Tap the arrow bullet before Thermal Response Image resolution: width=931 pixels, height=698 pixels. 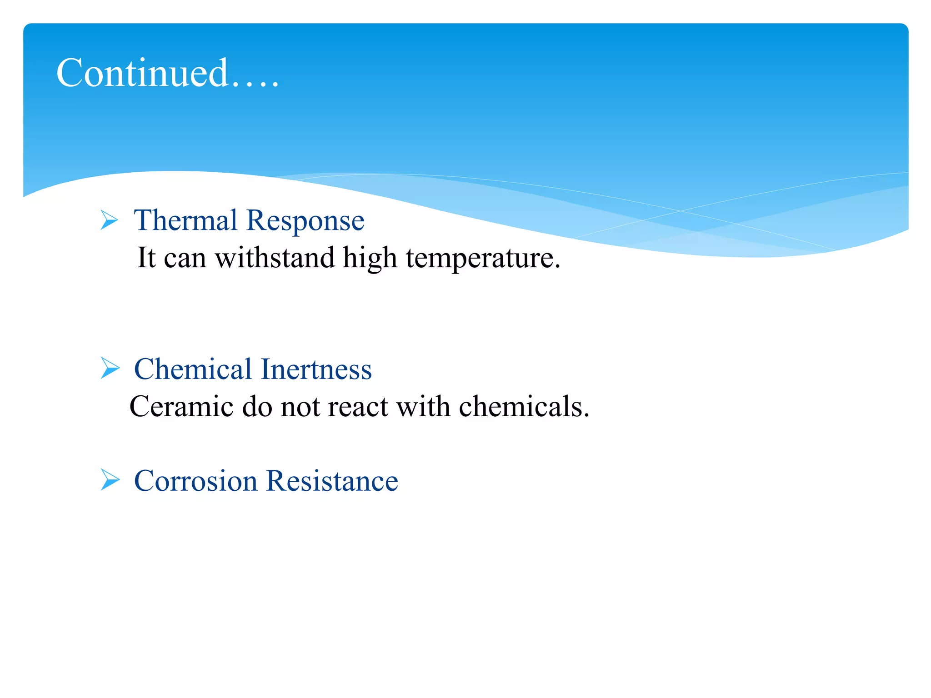pos(109,220)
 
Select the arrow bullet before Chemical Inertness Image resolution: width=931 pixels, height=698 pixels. pos(110,368)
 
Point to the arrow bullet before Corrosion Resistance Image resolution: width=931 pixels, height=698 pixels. pos(110,480)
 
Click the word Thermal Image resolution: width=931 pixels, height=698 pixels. pos(185,220)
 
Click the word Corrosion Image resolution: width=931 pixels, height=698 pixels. pos(195,481)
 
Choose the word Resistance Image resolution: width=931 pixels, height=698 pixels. pos(332,481)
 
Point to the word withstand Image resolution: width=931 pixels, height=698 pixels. pos(275,258)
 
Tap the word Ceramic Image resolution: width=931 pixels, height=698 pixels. pos(181,406)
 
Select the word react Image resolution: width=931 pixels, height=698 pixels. pos(357,407)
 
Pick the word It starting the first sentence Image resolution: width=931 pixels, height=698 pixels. pos(146,258)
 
